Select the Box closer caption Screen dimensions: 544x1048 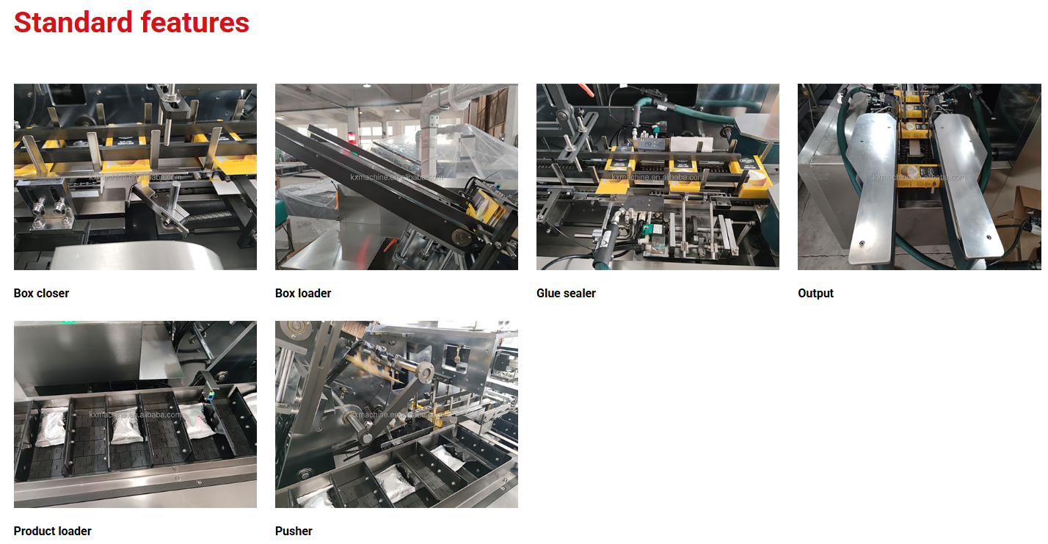click(41, 293)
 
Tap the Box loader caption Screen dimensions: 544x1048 click(303, 293)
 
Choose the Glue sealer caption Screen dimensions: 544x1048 click(566, 293)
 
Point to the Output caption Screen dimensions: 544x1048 click(815, 293)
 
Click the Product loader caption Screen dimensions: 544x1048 click(52, 531)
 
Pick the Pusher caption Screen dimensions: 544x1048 click(294, 531)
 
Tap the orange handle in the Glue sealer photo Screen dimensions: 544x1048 click(585, 90)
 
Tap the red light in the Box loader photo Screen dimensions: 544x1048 click(354, 137)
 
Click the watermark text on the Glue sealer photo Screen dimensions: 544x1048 click(657, 177)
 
